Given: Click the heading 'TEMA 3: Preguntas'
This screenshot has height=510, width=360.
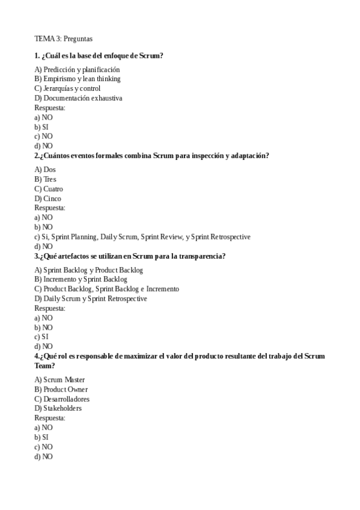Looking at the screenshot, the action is click(63, 39).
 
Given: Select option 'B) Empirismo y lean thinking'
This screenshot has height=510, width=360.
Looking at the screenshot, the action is click(78, 79).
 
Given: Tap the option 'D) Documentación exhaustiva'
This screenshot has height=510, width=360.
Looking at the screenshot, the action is click(78, 98).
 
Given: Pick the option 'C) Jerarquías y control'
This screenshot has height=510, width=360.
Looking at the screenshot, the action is click(67, 88).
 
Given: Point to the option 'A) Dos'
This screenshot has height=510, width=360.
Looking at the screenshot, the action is click(45, 170).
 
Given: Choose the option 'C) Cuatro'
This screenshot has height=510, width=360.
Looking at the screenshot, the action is click(49, 189).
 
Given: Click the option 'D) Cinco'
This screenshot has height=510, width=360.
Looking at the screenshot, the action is click(48, 198).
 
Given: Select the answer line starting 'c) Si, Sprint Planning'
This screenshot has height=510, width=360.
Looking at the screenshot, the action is click(142, 237).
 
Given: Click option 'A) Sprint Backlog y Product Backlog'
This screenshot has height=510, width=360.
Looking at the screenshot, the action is click(89, 270).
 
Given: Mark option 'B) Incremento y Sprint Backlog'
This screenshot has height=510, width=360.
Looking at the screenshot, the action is click(81, 279).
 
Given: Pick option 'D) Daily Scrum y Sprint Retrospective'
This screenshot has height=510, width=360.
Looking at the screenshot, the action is click(91, 298).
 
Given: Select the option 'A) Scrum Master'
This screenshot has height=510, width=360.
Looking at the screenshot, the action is click(59, 379).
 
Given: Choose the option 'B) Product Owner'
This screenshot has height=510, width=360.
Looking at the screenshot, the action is click(61, 389).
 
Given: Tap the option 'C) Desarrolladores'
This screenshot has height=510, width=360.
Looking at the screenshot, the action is click(62, 399).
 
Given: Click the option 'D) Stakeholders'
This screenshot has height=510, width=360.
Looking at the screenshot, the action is click(58, 408).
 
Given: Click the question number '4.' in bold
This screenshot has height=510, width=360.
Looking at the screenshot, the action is click(37, 356).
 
